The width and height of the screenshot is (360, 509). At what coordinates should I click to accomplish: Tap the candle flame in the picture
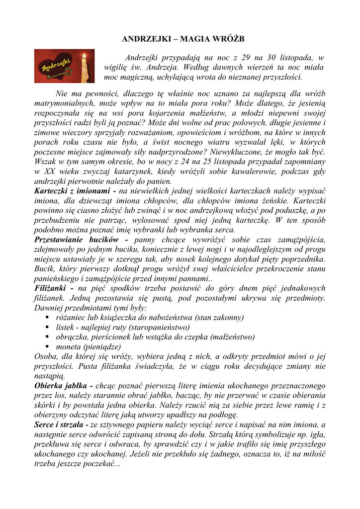coord(85,56)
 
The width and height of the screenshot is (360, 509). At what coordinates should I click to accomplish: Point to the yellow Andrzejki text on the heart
coord(56,66)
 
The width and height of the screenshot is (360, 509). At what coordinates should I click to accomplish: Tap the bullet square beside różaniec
coord(47,317)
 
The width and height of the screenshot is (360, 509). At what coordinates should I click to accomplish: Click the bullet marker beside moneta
coord(47,346)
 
